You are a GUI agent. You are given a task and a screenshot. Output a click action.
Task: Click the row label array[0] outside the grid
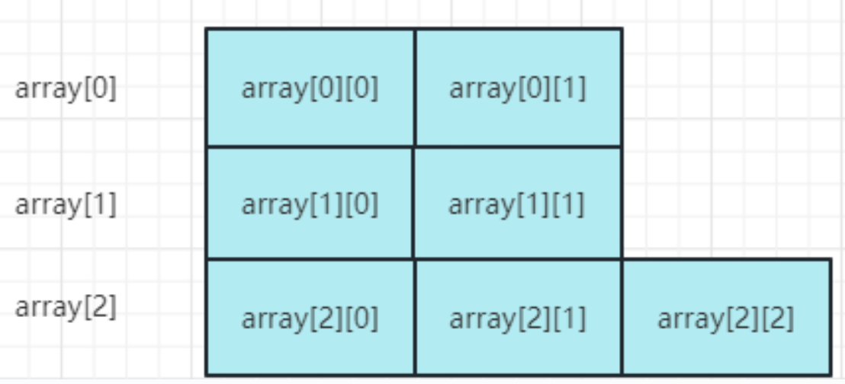66,89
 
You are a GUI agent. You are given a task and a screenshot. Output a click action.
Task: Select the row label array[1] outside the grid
66,205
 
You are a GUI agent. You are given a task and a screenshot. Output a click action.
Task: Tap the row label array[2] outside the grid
66,308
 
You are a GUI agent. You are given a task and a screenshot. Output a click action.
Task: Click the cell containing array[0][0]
310,88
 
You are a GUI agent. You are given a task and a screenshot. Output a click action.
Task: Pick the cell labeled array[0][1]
519,88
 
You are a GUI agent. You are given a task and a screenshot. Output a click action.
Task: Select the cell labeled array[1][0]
310,203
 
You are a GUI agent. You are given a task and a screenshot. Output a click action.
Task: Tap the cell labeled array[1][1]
517,203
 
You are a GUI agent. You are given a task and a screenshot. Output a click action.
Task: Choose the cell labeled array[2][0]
310,317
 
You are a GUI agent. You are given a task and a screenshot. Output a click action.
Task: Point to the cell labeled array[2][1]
519,317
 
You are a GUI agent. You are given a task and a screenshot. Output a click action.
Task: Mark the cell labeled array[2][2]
727,317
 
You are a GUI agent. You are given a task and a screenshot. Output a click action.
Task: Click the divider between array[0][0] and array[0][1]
415,88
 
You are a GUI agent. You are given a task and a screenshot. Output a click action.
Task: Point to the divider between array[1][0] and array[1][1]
413,203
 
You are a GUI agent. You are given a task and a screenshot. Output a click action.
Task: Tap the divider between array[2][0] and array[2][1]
415,317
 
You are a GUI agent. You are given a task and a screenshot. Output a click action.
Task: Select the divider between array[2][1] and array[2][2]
622,317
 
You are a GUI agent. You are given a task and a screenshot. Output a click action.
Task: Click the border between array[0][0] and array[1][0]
310,146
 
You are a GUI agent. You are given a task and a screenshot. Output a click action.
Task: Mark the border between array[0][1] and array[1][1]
519,146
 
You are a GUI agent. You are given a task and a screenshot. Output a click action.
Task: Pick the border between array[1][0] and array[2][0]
310,259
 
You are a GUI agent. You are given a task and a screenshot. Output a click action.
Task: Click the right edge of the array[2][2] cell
831,317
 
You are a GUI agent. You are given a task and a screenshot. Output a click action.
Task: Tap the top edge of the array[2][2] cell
727,259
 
